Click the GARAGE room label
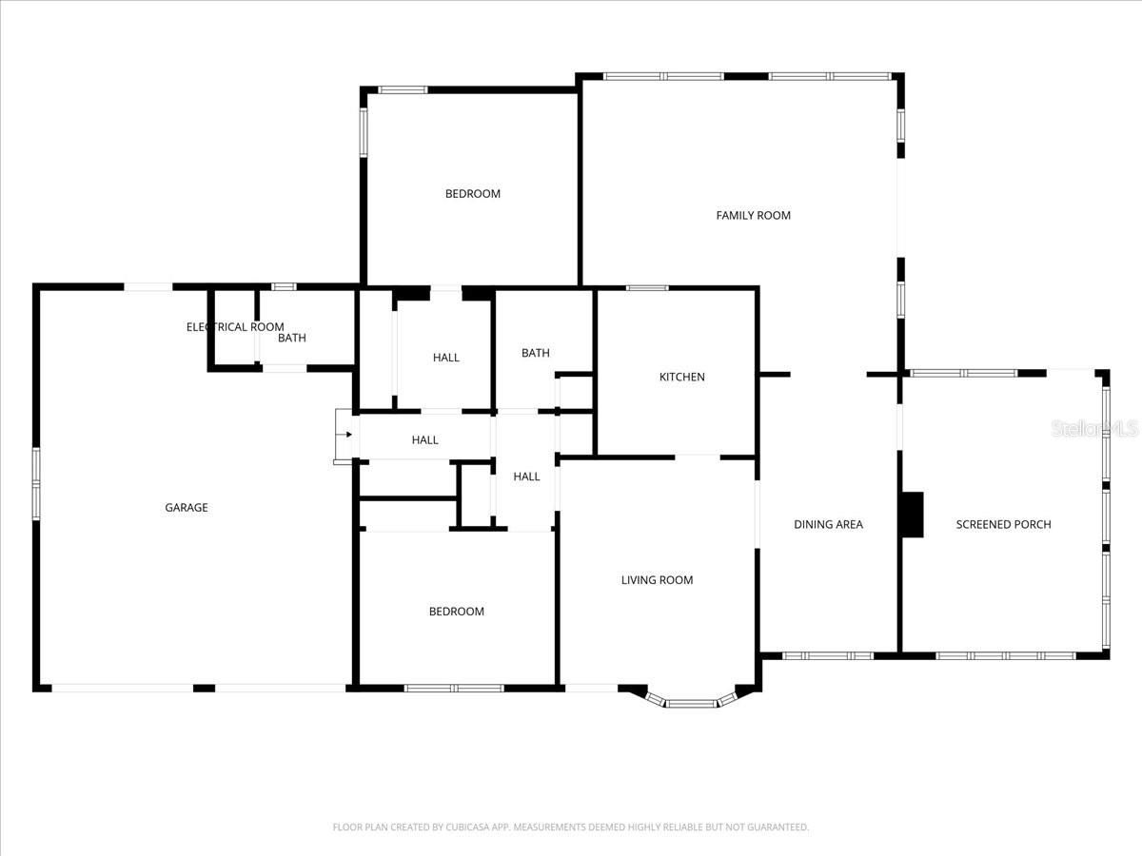[187, 508]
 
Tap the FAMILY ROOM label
[753, 216]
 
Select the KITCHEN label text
[682, 378]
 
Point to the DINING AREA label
[828, 524]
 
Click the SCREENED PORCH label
[1003, 524]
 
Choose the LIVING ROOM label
[657, 580]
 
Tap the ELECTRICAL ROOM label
[234, 327]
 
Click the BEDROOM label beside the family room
[473, 194]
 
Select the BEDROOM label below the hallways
[456, 612]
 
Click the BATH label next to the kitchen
[536, 353]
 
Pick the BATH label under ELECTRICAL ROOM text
[292, 339]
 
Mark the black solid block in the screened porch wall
[912, 515]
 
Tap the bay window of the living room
[691, 703]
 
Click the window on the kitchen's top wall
[647, 287]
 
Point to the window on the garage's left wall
[36, 483]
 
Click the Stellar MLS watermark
[1094, 430]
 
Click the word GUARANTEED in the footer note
[775, 827]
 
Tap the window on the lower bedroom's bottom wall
[454, 688]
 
